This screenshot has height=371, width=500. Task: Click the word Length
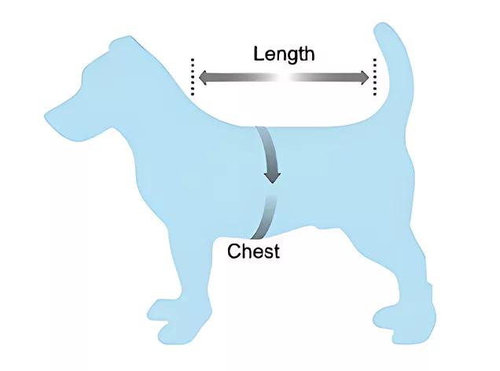[284, 54]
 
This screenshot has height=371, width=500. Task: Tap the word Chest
[253, 252]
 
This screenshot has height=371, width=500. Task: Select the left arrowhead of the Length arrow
[203, 78]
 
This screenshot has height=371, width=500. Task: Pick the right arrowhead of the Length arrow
[363, 77]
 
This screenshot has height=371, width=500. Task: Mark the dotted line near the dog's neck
[191, 76]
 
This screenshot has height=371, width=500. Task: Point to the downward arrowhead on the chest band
[272, 174]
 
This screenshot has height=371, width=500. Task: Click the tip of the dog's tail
[386, 30]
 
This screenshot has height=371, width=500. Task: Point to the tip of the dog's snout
[49, 118]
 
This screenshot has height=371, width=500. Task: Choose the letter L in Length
[259, 54]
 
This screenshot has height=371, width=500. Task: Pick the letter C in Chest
[233, 252]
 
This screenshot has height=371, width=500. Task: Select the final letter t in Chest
[276, 252]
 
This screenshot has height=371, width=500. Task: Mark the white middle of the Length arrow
[283, 78]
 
